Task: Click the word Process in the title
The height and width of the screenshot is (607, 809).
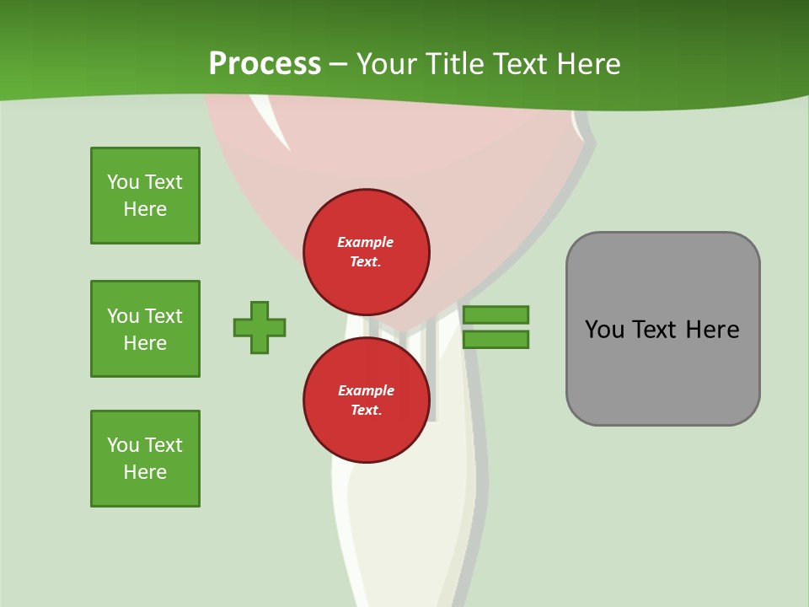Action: [x=265, y=63]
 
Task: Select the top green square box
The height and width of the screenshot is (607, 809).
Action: [x=146, y=196]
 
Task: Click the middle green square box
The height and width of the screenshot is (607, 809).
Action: [x=146, y=329]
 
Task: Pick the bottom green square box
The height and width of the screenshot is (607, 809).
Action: [x=146, y=459]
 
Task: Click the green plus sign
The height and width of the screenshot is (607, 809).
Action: [x=260, y=327]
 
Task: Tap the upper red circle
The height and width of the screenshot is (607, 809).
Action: [x=367, y=252]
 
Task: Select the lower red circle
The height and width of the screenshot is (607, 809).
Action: [x=367, y=400]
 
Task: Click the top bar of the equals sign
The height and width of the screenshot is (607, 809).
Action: [x=496, y=314]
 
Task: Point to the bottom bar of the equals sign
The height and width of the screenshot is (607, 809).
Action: [x=496, y=340]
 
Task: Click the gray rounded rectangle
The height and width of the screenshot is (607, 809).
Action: [x=663, y=329]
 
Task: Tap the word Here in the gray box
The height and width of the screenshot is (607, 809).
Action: [x=713, y=330]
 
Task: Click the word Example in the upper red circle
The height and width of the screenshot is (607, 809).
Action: [x=365, y=242]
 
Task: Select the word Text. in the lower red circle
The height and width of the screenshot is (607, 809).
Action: [x=367, y=410]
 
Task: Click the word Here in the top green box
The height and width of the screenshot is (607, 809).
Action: [x=145, y=209]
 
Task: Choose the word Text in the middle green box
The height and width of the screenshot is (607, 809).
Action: [x=163, y=316]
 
